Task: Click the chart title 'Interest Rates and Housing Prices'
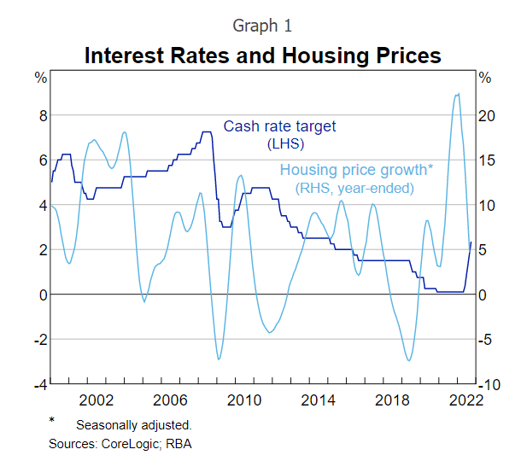click(x=263, y=56)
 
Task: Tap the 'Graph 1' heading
click(x=262, y=26)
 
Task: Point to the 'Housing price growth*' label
click(x=356, y=169)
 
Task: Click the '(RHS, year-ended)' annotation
click(x=354, y=187)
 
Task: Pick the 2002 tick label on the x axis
click(x=96, y=400)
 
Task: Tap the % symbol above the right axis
click(x=485, y=79)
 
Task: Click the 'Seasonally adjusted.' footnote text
click(x=133, y=424)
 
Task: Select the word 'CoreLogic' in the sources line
click(x=128, y=443)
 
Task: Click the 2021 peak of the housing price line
click(x=458, y=94)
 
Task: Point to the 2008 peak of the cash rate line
click(x=207, y=132)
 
